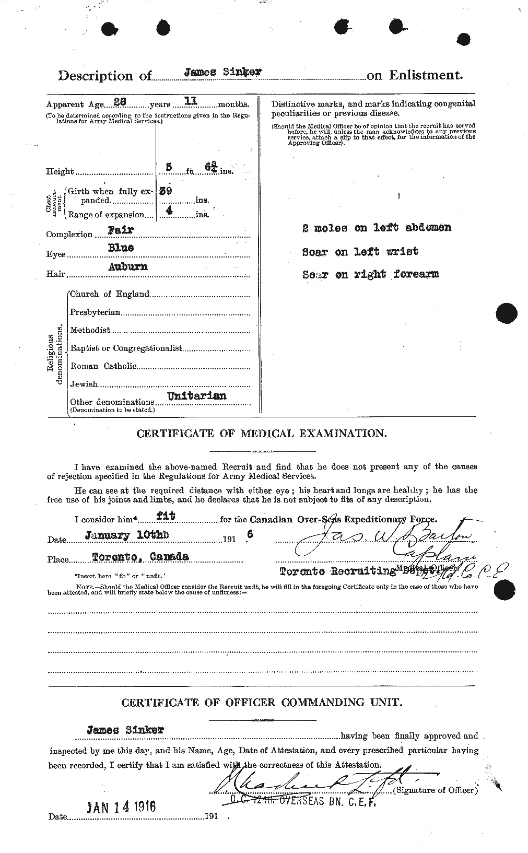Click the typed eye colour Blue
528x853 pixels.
[x=121, y=248]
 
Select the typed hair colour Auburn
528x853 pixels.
[x=127, y=266]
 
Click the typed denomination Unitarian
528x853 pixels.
[x=196, y=396]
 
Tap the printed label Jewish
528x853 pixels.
[x=84, y=384]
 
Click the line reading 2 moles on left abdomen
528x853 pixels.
[x=376, y=228]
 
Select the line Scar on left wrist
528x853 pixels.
[x=360, y=251]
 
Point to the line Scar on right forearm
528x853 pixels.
[x=370, y=274]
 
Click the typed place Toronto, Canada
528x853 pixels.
[x=140, y=557]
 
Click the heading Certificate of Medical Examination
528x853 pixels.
[x=262, y=434]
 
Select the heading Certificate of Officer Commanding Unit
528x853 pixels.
[x=262, y=703]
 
